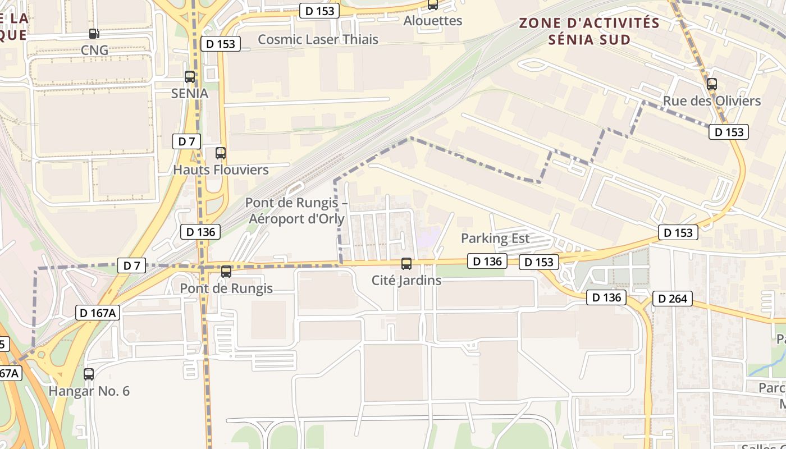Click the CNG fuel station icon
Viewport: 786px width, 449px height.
(x=94, y=34)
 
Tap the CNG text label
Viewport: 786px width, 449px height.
(x=94, y=50)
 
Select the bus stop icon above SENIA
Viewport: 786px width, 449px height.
(x=190, y=77)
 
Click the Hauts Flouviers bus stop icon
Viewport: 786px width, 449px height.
(x=221, y=153)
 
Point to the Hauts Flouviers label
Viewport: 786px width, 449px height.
(x=221, y=169)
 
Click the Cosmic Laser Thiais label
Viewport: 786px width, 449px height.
(x=318, y=39)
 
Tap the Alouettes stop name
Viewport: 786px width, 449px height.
(x=433, y=21)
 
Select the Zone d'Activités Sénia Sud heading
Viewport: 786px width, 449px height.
(x=589, y=31)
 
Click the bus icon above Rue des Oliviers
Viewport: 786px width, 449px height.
(x=712, y=84)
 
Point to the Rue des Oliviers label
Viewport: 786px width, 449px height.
(x=712, y=101)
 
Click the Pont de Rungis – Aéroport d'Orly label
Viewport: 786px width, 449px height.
(x=296, y=210)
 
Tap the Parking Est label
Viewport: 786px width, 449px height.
(x=495, y=238)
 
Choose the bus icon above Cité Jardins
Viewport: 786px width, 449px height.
(x=406, y=263)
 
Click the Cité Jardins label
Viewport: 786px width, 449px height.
(x=406, y=280)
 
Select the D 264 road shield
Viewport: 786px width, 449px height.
(x=672, y=299)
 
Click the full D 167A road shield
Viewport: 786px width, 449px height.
(x=98, y=313)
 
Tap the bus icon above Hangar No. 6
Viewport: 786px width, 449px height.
(x=89, y=374)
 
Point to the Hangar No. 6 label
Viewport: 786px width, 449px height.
(x=89, y=391)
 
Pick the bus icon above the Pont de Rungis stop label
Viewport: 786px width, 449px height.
(x=226, y=272)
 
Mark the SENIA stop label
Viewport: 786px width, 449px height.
(x=190, y=94)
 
